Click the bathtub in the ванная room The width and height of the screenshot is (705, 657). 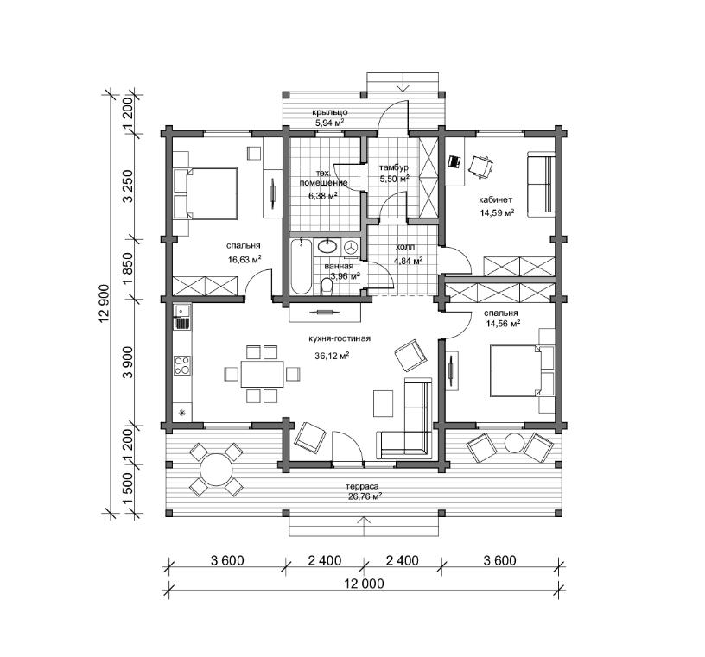point(301,267)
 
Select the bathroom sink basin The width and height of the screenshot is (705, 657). point(327,246)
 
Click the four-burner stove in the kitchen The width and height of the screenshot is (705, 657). point(182,365)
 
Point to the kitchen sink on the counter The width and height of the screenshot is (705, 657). point(182,311)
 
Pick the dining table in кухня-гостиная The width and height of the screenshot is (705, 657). point(263,374)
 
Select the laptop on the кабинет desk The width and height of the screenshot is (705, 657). point(454,161)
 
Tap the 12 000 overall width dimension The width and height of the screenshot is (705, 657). point(364,584)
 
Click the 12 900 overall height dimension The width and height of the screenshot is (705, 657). point(105,304)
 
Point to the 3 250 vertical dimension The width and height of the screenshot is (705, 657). point(128,186)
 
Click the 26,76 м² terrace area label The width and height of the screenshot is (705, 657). point(364,496)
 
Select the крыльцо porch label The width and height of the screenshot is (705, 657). point(330,112)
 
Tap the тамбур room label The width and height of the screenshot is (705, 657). point(394,167)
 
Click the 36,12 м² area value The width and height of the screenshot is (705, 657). point(333,356)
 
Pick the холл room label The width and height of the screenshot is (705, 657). point(405,247)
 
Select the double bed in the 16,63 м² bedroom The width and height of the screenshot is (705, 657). point(206,193)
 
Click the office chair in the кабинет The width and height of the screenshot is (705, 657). point(480,167)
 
